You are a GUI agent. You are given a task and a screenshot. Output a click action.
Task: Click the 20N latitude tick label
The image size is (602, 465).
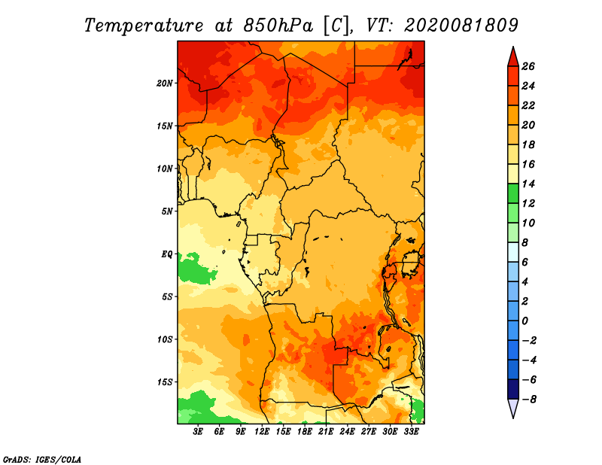coord(165,84)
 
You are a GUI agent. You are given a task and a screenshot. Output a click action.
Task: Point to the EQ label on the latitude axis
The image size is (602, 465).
coord(166,254)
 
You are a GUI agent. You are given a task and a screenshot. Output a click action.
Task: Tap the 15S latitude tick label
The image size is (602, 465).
coord(165,382)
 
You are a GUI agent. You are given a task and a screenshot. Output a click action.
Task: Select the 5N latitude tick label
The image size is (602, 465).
coord(167,211)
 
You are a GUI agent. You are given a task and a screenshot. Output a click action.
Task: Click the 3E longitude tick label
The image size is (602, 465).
coord(198,432)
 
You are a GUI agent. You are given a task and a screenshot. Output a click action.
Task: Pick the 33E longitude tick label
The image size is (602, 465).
coord(411,432)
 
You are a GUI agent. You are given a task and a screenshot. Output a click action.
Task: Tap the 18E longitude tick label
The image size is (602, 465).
coord(305,432)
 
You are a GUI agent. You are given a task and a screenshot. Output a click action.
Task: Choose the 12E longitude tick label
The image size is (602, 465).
coord(262,432)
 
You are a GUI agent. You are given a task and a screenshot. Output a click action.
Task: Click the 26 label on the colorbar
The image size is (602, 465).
coord(528,66)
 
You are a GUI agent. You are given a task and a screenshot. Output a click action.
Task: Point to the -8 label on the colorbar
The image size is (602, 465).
coord(529,400)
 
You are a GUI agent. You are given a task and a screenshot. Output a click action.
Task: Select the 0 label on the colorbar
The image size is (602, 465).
coord(524,321)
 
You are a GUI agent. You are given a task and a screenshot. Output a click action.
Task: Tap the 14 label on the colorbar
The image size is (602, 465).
coord(528,184)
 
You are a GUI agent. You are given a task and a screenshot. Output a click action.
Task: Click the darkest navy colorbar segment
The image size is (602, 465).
coord(513,389)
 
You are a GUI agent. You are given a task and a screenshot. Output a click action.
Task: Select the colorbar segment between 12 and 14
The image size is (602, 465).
coord(513,193)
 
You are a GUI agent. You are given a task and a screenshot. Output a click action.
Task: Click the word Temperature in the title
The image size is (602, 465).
coord(143,26)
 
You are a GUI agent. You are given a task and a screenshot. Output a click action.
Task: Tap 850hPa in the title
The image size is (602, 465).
coord(278,26)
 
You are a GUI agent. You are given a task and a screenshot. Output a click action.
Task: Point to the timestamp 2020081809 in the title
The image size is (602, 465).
coord(461,26)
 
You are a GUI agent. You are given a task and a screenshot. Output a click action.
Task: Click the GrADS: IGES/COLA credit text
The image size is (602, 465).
coord(42,459)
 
